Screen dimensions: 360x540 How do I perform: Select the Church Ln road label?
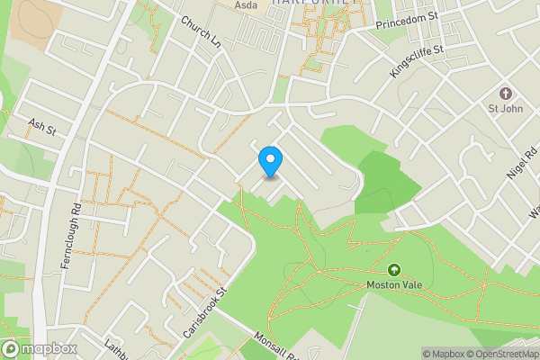click(x=201, y=32)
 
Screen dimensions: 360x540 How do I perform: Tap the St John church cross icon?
click(x=505, y=94)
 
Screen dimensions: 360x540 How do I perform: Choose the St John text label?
click(x=505, y=111)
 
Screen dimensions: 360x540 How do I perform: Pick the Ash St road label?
click(x=42, y=127)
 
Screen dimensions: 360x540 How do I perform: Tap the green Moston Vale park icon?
click(x=393, y=269)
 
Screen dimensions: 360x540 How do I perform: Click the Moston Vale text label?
click(x=393, y=285)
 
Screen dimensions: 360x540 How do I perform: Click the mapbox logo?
click(x=39, y=348)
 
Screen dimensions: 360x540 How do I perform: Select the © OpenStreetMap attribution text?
click(x=502, y=354)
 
